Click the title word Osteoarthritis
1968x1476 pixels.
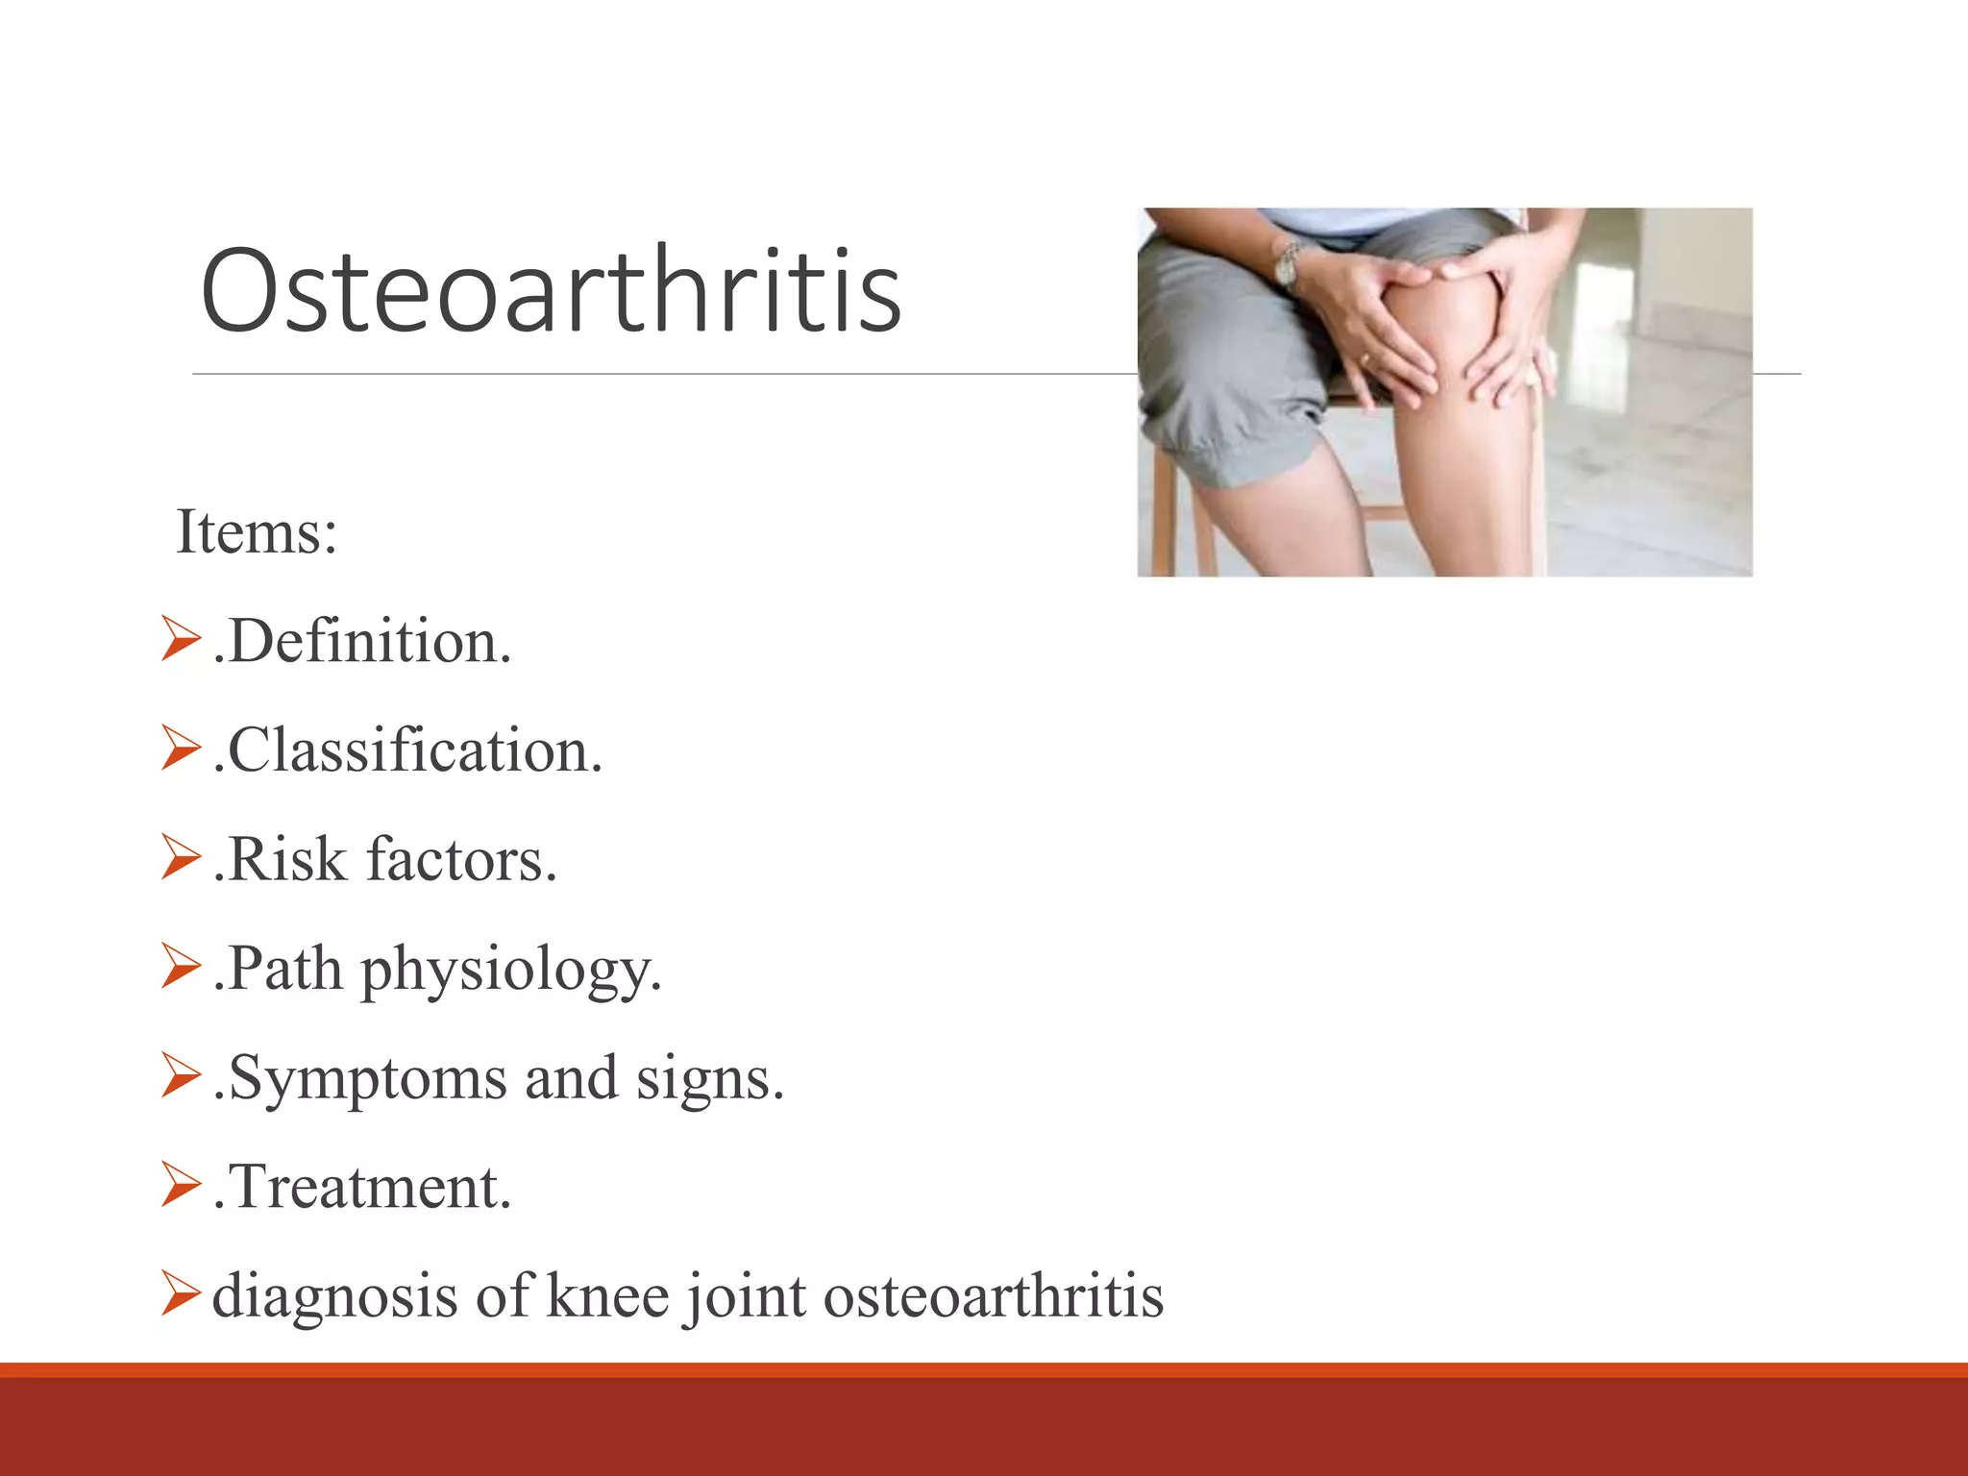tap(551, 290)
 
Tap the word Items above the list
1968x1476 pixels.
tap(256, 531)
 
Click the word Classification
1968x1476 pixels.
tap(413, 750)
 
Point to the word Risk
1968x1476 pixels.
tap(286, 859)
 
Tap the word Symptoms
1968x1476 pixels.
tap(367, 1078)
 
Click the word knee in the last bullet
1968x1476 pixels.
tap(606, 1295)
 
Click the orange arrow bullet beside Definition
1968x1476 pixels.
tap(180, 639)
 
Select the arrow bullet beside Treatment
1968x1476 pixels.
tap(180, 1184)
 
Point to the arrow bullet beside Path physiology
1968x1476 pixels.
tap(180, 966)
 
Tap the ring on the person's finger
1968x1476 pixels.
tap(1364, 359)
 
